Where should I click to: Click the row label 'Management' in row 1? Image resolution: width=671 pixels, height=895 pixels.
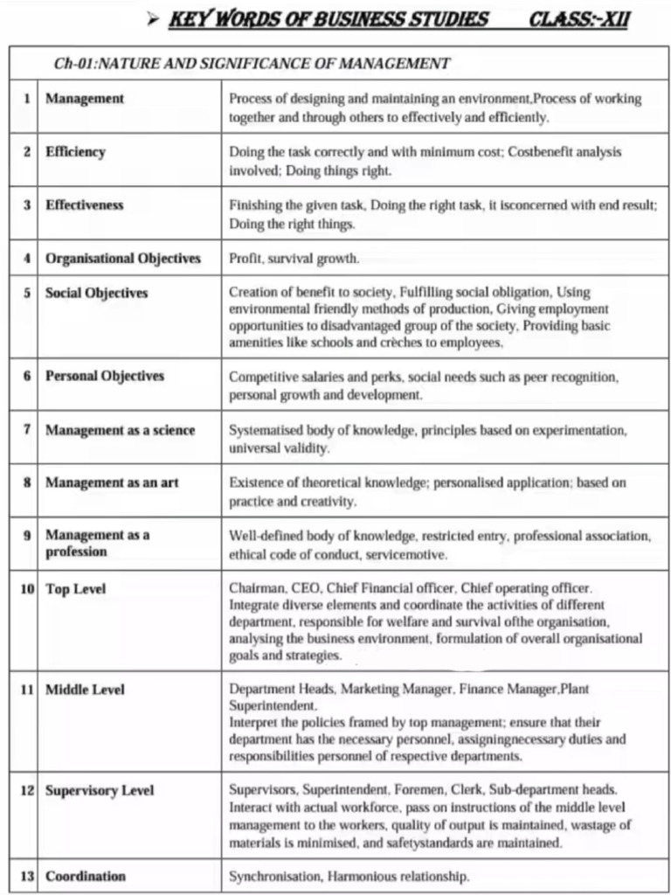pyautogui.click(x=85, y=99)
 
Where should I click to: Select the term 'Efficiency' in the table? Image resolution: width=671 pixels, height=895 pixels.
pyautogui.click(x=75, y=152)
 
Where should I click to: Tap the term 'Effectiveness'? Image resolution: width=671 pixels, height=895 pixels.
pyautogui.click(x=85, y=205)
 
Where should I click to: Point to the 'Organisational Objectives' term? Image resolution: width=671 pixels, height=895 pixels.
pyautogui.click(x=123, y=259)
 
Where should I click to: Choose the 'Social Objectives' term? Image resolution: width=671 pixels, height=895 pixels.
pyautogui.click(x=97, y=294)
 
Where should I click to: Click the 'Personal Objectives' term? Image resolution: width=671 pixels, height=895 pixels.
pyautogui.click(x=105, y=377)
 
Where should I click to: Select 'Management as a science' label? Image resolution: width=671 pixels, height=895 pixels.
pyautogui.click(x=121, y=430)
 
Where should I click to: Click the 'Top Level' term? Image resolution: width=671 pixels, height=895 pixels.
pyautogui.click(x=75, y=590)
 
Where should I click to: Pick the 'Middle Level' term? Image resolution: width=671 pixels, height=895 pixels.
pyautogui.click(x=85, y=690)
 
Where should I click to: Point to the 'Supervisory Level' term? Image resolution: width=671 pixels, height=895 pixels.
pyautogui.click(x=100, y=791)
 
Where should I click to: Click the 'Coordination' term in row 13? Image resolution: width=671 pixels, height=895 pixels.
pyautogui.click(x=86, y=877)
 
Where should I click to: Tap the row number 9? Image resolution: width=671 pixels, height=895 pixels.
pyautogui.click(x=27, y=535)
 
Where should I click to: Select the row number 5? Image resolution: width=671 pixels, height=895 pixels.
pyautogui.click(x=27, y=294)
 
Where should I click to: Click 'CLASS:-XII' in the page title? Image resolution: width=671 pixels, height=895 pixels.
pyautogui.click(x=578, y=19)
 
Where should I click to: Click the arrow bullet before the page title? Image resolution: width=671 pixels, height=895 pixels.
pyautogui.click(x=153, y=19)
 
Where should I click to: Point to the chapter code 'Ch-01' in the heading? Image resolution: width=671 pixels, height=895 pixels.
pyautogui.click(x=73, y=64)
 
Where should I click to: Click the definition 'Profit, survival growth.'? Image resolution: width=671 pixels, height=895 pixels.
pyautogui.click(x=294, y=260)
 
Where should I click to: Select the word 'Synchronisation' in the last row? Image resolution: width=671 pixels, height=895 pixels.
pyautogui.click(x=274, y=877)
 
